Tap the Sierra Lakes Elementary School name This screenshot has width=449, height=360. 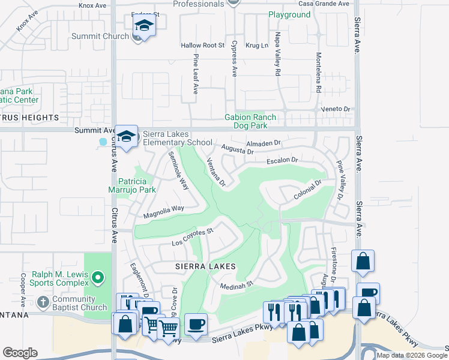tap(177, 138)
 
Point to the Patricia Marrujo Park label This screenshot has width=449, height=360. tap(137, 185)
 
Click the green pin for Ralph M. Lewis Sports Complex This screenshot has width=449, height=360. tap(100, 277)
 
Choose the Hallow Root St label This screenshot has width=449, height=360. tap(202, 46)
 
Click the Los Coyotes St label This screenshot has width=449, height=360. tap(193, 237)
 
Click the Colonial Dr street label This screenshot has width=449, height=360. tap(309, 191)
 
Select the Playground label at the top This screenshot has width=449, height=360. tap(289, 15)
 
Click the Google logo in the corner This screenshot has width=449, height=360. tap(20, 353)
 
